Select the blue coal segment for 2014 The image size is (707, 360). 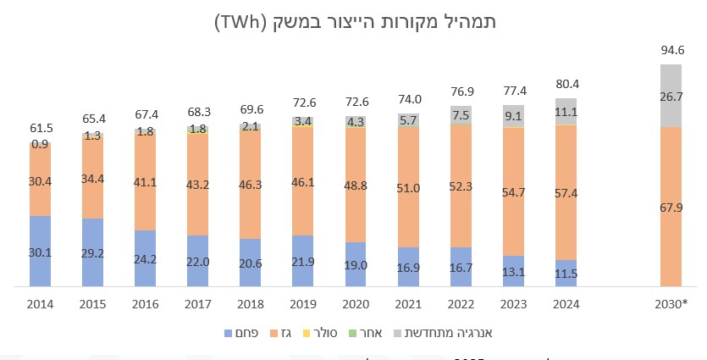40,252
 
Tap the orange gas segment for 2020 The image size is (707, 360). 356,185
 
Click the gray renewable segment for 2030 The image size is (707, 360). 671,96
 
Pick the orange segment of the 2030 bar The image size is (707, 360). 671,207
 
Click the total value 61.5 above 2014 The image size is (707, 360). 40,127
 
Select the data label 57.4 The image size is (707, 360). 566,194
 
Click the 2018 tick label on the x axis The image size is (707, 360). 251,304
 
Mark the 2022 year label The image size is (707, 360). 461,304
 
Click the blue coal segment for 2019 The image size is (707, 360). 303,261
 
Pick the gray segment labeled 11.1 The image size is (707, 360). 566,111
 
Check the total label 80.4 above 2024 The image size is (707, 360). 566,85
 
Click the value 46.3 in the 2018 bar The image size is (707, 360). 251,182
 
